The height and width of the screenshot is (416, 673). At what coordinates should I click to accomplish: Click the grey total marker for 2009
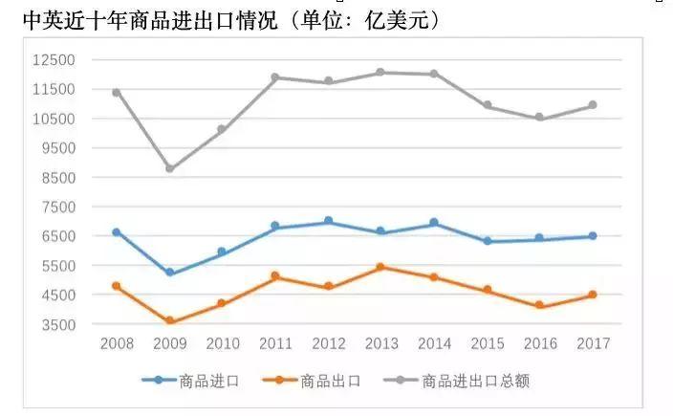[x=170, y=168]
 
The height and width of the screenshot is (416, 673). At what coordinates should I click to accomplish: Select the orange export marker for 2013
[x=380, y=267]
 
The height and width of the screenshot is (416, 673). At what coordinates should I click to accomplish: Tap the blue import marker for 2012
[x=328, y=221]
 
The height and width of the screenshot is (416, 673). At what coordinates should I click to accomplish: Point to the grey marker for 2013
[x=380, y=72]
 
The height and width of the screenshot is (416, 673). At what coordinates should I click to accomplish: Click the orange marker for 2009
[x=170, y=321]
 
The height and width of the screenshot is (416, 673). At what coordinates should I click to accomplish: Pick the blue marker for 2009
[x=170, y=273]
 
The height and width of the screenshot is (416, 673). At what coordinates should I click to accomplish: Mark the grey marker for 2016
[x=539, y=118]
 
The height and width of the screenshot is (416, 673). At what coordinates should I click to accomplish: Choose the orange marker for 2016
[x=539, y=306]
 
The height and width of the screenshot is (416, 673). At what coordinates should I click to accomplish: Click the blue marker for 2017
[x=593, y=236]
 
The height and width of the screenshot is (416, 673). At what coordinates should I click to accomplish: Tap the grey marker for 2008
[x=117, y=92]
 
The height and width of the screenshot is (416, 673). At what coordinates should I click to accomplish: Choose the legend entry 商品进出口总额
[x=455, y=381]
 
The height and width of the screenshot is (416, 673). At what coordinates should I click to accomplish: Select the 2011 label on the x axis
[x=275, y=342]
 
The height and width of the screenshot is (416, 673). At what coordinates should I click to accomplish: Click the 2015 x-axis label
[x=487, y=342]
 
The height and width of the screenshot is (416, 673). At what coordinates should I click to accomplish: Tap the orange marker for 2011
[x=275, y=276]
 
